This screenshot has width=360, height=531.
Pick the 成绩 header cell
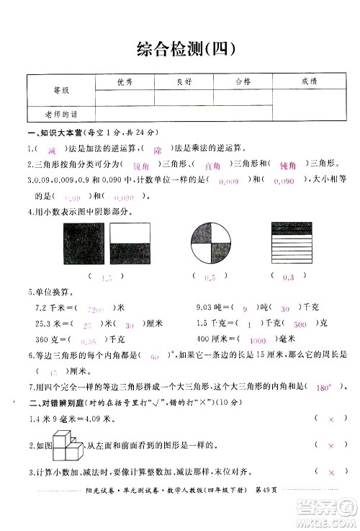pos(310,82)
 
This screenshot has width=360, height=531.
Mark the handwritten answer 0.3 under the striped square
pos(289,277)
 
